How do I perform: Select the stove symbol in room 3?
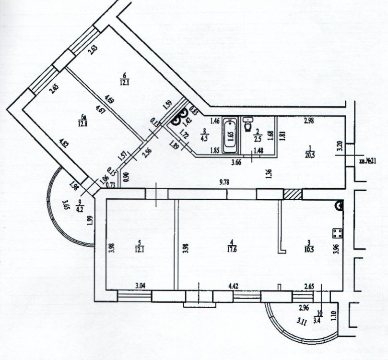pyautogui.click(x=337, y=234)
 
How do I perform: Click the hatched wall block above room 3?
pyautogui.click(x=293, y=194)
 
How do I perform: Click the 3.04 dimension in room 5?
pyautogui.click(x=140, y=286)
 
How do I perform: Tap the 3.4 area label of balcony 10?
pyautogui.click(x=317, y=317)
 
